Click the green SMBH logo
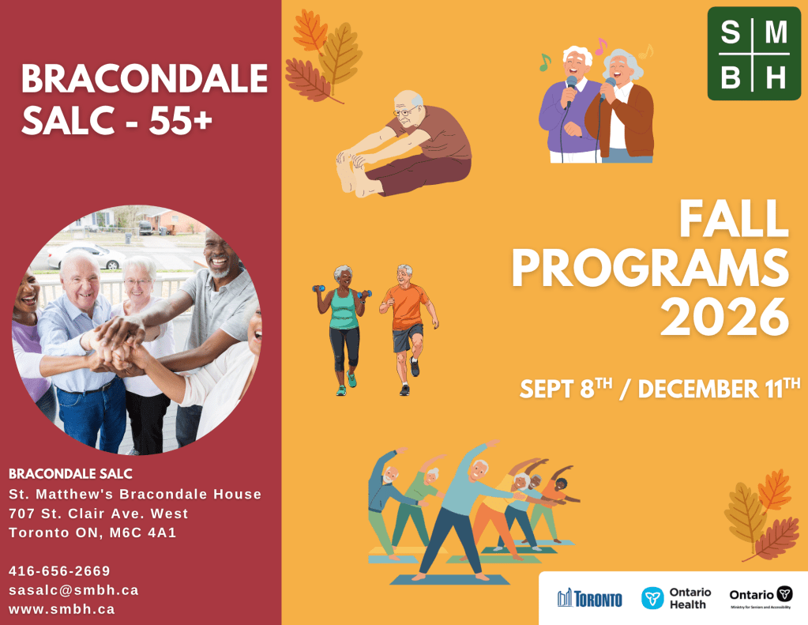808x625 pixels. (754, 53)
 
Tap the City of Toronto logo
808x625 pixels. (589, 598)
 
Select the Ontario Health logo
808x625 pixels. (676, 598)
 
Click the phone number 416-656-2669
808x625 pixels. (59, 570)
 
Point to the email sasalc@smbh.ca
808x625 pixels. (73, 590)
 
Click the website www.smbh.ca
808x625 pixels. (62, 609)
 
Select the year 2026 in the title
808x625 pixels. (724, 317)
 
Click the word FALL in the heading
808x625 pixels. (734, 218)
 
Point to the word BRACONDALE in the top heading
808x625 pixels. (145, 78)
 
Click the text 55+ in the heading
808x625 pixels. (180, 120)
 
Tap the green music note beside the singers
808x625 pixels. (545, 62)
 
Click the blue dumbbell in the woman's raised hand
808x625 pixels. (318, 288)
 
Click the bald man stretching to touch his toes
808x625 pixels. (404, 145)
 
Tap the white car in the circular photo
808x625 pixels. (85, 256)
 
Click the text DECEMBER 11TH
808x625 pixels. (719, 388)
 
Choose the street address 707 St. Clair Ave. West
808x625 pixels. (99, 514)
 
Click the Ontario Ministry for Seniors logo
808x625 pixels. (761, 597)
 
